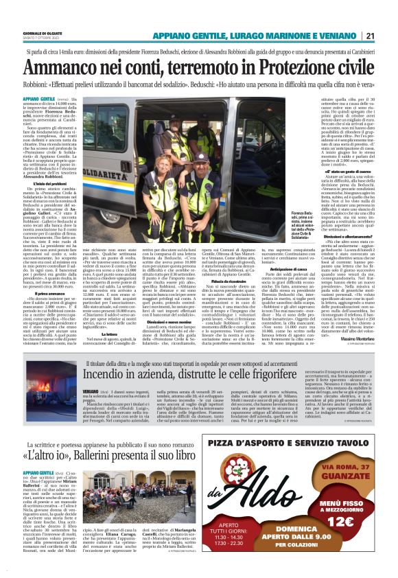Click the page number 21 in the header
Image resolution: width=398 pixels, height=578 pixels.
tap(388, 36)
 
